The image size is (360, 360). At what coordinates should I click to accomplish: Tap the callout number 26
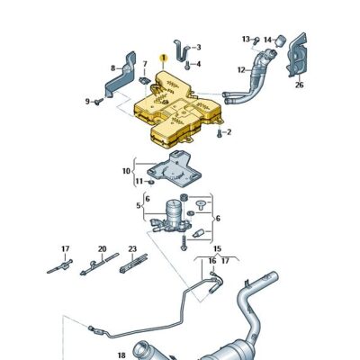pos(299,85)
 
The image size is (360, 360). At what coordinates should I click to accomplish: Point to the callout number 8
pos(113,68)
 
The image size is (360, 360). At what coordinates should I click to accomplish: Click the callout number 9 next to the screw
pos(88,102)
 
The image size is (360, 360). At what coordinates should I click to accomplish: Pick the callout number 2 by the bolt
pos(229,133)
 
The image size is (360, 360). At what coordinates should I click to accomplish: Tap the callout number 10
pos(126,170)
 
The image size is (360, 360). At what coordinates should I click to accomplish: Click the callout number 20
pos(102,248)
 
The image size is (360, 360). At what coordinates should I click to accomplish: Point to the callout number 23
pos(131,248)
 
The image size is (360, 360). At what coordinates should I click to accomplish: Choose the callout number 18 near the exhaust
pos(122,355)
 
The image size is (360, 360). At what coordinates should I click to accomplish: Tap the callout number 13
pos(246,39)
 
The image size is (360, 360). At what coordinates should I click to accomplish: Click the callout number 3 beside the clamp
pos(198,47)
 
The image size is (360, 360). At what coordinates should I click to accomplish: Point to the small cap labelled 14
pos(279,41)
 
